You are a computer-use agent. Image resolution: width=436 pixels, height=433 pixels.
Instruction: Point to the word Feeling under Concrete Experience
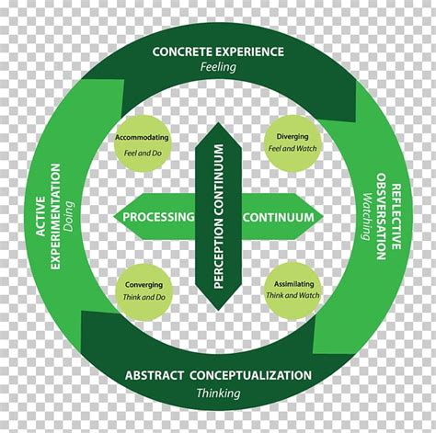pyautogui.click(x=217, y=67)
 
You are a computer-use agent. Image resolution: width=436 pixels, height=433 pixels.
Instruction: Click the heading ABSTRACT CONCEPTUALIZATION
pyautogui.click(x=218, y=374)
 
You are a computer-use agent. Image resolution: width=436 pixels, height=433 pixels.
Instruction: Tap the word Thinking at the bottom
pyautogui.click(x=218, y=393)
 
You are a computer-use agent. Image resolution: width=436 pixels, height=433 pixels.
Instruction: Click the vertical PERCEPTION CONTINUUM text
pyautogui.click(x=219, y=217)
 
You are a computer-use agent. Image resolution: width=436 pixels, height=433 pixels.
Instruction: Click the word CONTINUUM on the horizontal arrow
pyautogui.click(x=279, y=218)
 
